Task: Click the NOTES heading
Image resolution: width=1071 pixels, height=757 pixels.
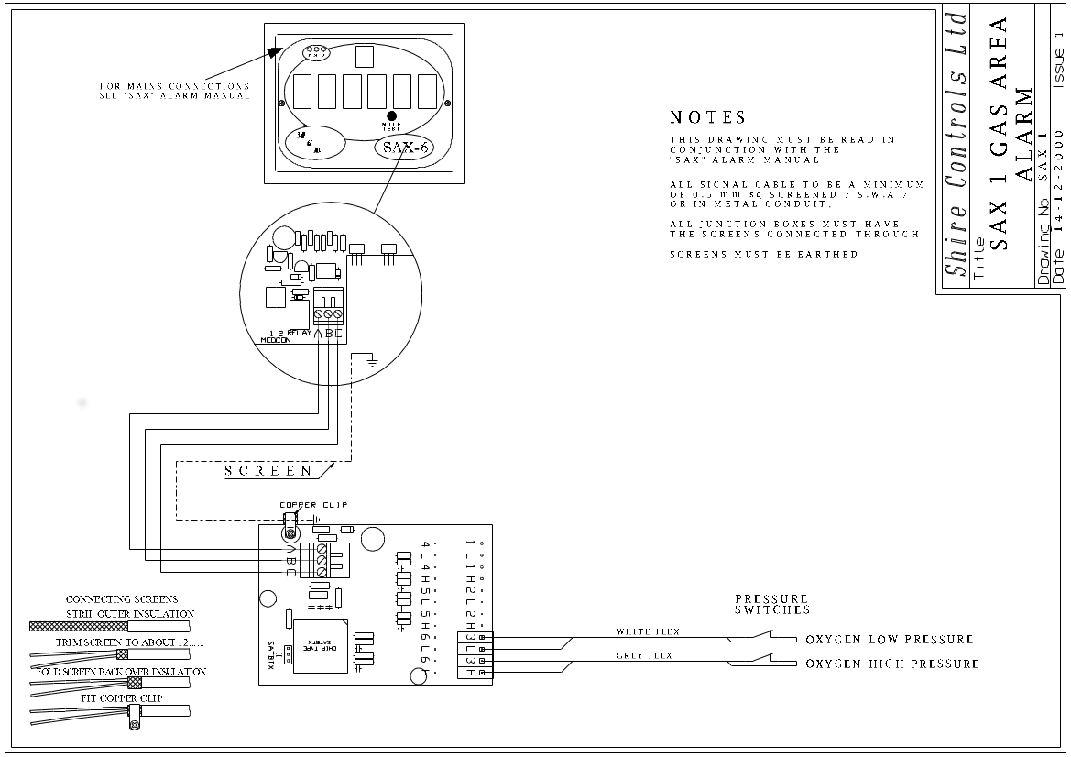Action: point(708,118)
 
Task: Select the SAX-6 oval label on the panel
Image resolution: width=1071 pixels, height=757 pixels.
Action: point(406,148)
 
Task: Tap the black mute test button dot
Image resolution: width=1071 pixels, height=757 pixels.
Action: point(392,116)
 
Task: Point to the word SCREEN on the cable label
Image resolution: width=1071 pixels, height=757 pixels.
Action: point(269,471)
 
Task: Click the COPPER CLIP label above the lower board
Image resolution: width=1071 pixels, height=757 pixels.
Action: point(314,505)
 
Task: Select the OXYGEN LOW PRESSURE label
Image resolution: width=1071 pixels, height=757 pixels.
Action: point(889,640)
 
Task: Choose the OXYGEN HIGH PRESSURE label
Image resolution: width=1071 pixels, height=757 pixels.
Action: point(891,664)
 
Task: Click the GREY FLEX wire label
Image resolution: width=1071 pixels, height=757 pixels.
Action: point(645,656)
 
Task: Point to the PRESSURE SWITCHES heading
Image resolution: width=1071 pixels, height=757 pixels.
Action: point(771,603)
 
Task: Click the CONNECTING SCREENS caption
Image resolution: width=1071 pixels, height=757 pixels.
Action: point(122,599)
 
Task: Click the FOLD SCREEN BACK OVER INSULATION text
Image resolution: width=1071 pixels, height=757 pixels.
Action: point(120,672)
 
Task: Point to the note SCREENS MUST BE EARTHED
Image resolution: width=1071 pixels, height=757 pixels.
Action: point(763,254)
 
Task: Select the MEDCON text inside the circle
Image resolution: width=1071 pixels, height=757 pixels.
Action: point(278,339)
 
